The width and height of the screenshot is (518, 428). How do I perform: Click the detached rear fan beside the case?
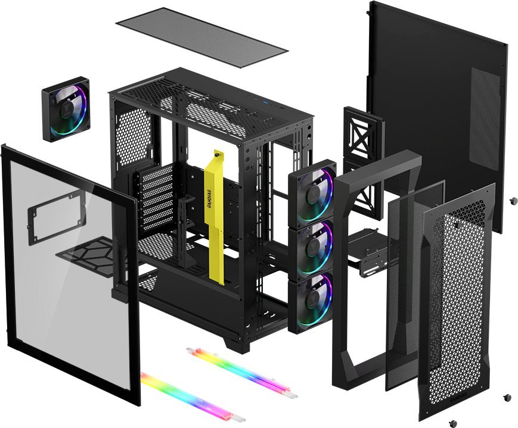(66, 110)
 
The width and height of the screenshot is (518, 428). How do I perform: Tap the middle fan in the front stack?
(312, 246)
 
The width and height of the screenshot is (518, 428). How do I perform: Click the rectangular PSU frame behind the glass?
(53, 215)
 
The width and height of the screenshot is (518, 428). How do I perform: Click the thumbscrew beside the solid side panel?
(513, 202)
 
